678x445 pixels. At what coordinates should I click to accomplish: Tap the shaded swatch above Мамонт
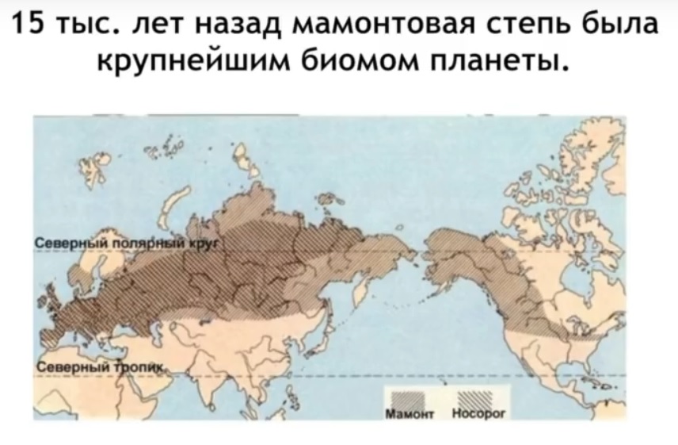point(405,397)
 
